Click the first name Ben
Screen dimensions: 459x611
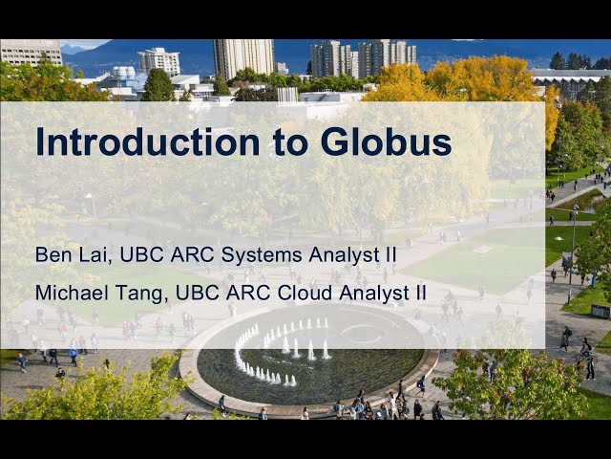(x=53, y=255)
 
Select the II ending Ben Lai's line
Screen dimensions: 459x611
(x=390, y=255)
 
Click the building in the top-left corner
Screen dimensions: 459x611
(x=30, y=52)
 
